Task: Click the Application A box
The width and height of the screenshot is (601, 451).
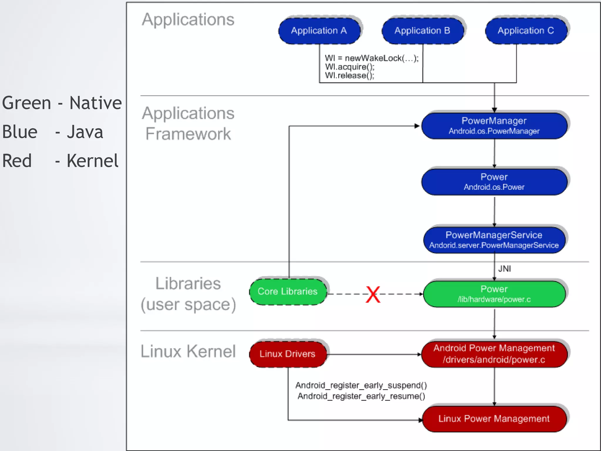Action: click(319, 31)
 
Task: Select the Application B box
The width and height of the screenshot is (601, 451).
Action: click(423, 31)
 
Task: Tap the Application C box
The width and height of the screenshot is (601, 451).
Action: click(526, 31)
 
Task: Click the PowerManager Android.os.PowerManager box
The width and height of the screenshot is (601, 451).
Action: click(494, 126)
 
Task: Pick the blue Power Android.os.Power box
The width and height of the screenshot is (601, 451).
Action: click(494, 181)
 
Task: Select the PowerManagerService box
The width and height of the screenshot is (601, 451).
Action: click(494, 240)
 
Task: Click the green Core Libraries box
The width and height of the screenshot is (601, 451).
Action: click(288, 292)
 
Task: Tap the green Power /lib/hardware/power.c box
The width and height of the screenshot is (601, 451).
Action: click(494, 294)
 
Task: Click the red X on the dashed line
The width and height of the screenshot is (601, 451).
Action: click(373, 294)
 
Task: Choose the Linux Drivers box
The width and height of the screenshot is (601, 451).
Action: click(288, 354)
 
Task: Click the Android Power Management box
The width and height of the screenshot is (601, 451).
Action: click(494, 354)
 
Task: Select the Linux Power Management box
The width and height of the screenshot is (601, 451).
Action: click(494, 419)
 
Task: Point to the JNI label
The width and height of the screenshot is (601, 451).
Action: click(504, 269)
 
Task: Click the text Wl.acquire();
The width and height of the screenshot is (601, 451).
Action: click(350, 67)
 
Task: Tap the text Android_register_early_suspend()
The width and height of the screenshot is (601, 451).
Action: click(361, 385)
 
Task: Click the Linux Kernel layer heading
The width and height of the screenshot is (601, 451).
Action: click(188, 351)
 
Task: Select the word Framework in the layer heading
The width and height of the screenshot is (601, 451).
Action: click(188, 134)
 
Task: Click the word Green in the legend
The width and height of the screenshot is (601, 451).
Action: click(26, 103)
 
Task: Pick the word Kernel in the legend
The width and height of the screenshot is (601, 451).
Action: click(92, 161)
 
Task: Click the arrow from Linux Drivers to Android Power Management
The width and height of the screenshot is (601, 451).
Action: click(374, 354)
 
